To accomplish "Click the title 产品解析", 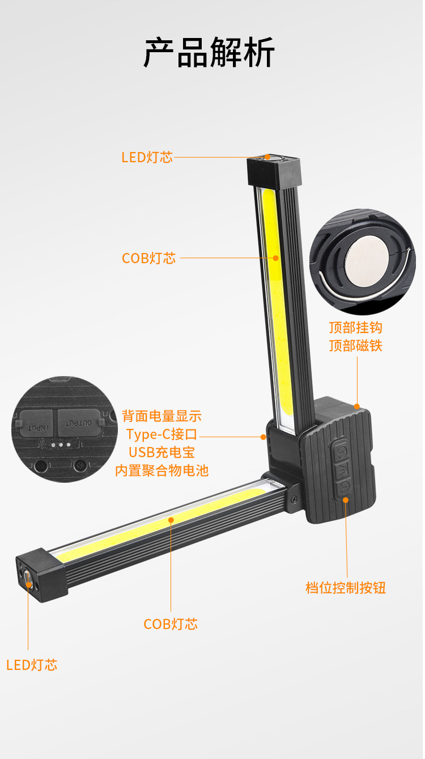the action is click(209, 53).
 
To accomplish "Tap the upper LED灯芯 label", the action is click(147, 158).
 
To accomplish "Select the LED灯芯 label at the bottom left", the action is click(32, 665).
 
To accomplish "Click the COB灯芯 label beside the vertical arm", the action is click(149, 258).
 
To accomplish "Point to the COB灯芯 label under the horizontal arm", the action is click(171, 624).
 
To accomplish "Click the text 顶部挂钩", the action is click(356, 328).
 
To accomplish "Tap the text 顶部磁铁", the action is click(356, 346).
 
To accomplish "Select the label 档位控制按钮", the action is click(346, 588).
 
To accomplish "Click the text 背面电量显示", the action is click(161, 416).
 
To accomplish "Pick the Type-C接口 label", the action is click(161, 435).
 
